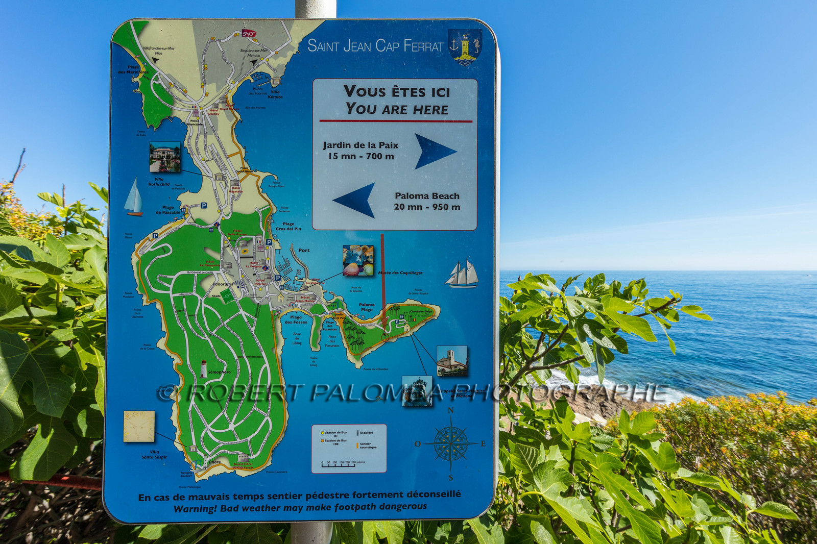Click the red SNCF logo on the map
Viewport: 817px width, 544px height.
[249, 34]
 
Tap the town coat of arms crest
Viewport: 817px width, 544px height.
[465, 45]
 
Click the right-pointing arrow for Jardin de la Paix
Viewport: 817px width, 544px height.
[435, 151]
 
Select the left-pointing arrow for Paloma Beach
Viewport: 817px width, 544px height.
[355, 200]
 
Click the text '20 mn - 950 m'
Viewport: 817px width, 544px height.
[427, 207]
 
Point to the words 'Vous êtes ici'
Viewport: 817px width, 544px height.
[397, 92]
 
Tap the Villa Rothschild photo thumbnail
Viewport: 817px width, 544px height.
[164, 157]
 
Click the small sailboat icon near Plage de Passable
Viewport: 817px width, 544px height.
[133, 197]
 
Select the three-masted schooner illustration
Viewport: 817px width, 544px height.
[462, 274]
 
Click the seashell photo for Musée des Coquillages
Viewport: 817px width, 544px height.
[358, 261]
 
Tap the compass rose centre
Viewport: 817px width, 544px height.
[451, 443]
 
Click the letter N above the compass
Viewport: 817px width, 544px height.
[450, 411]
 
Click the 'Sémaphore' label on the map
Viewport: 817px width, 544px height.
[219, 372]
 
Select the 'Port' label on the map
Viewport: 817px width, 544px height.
[304, 250]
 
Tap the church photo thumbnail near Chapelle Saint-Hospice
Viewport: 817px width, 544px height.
[451, 361]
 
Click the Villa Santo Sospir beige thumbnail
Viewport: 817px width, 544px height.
[139, 426]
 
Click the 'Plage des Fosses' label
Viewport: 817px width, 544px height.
[296, 319]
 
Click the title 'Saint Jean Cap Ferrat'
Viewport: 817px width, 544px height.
[375, 46]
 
